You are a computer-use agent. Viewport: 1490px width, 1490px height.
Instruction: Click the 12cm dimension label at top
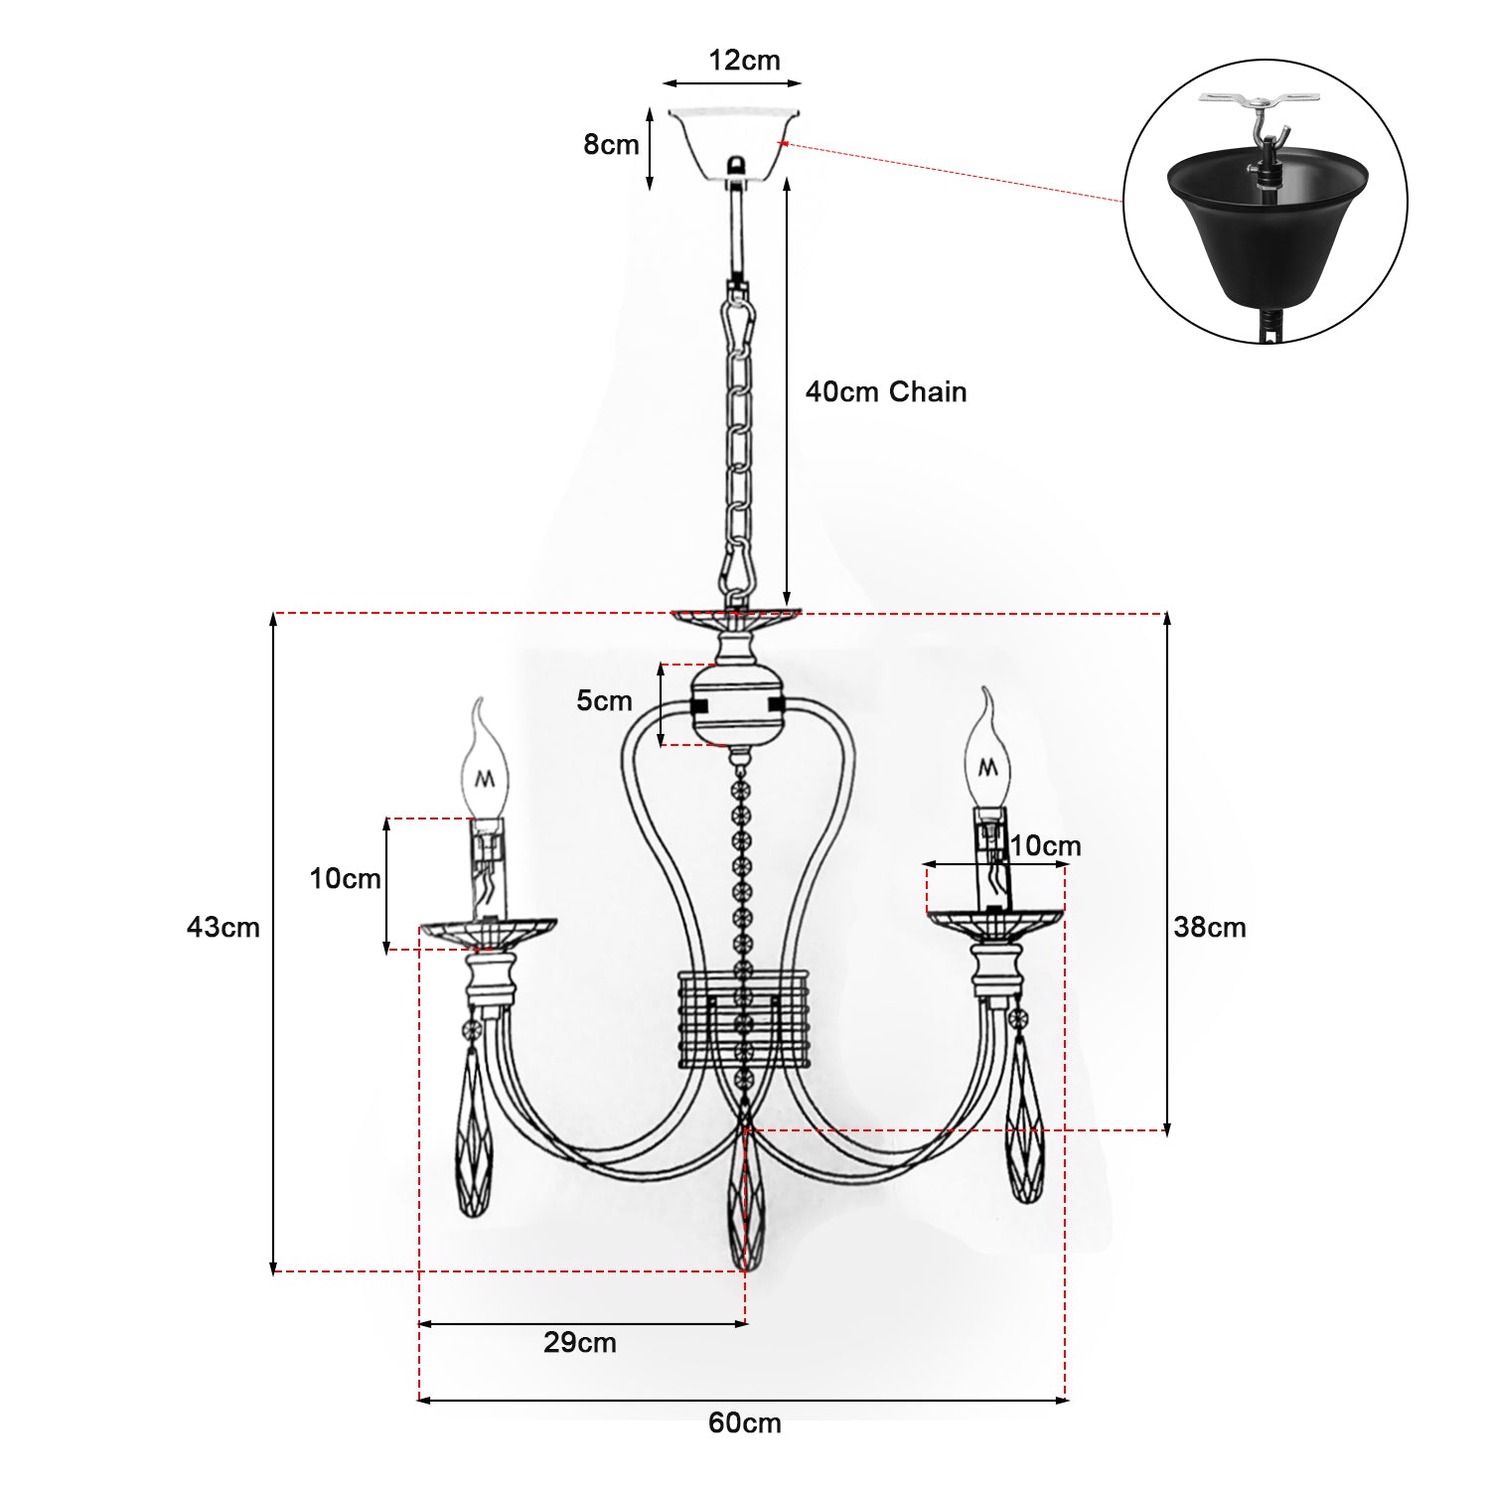(744, 61)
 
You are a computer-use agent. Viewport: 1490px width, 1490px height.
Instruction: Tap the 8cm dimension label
(611, 145)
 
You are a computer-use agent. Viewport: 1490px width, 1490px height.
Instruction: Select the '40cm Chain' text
(886, 391)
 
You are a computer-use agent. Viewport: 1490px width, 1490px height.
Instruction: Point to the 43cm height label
(223, 927)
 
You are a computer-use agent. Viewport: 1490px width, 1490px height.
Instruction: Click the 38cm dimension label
(1210, 927)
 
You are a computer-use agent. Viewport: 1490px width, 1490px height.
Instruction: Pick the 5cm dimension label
(604, 700)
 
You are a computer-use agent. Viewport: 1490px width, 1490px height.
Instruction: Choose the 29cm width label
(580, 1343)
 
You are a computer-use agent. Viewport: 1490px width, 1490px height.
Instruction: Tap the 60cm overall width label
(745, 1422)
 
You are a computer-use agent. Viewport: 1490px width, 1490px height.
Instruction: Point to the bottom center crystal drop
(745, 1207)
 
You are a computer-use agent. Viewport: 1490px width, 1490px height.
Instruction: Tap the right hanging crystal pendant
(1025, 1132)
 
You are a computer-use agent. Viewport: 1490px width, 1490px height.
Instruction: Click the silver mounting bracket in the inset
(1261, 101)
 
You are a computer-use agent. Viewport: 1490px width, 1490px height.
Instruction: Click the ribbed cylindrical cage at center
(744, 1019)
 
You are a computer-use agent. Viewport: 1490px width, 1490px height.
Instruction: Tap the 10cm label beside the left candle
(345, 878)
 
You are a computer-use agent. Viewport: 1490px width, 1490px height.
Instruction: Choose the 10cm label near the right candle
(1045, 846)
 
